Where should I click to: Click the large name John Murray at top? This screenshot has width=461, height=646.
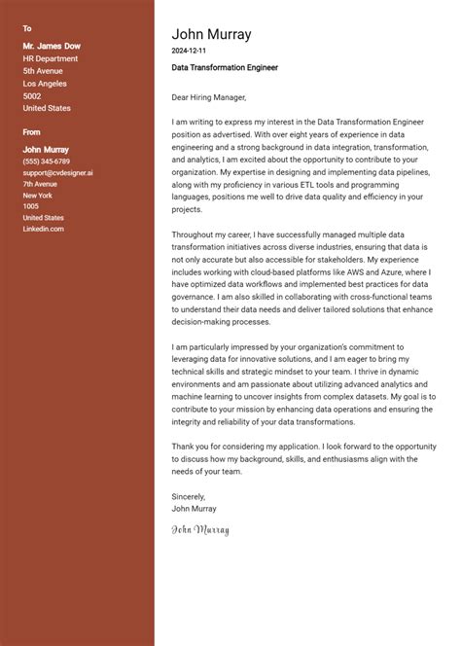point(211,34)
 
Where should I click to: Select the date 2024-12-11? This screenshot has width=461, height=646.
point(189,50)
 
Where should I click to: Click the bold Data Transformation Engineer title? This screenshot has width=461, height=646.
point(225,68)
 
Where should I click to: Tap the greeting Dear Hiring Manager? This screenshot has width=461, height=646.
point(209,97)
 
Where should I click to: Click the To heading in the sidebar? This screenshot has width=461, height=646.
point(27,29)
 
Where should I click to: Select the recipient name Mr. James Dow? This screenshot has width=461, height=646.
point(52,46)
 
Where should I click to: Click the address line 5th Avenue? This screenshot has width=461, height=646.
point(43,71)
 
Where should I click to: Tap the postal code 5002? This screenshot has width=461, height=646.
point(32,96)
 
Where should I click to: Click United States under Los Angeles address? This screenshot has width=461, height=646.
point(47,109)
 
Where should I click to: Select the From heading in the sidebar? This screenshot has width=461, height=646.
point(32,131)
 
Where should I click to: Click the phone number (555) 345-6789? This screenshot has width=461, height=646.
point(47,161)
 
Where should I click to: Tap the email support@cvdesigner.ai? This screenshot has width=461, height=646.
point(58,172)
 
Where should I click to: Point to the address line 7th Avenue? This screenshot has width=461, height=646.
point(41,184)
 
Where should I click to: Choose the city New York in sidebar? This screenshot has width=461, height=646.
point(38,195)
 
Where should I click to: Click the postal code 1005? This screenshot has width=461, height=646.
point(31,206)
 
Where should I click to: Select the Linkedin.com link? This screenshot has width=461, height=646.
point(44,229)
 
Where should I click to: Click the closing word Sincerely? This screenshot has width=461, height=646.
point(189,496)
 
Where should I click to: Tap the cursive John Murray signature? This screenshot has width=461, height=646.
point(200,530)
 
